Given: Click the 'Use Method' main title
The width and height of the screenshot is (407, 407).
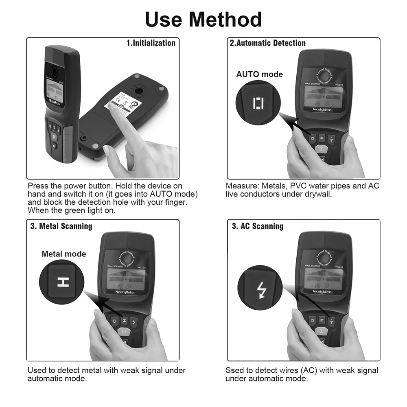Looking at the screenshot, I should (x=203, y=19).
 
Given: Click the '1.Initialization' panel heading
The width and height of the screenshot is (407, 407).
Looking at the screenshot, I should (x=151, y=43).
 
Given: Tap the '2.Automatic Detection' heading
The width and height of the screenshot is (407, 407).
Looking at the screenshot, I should (x=267, y=43).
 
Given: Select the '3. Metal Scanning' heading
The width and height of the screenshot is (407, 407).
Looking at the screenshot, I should (x=61, y=226).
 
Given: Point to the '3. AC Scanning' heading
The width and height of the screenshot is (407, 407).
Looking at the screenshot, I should (x=258, y=226).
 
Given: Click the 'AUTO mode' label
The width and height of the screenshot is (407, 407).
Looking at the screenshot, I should (x=259, y=74).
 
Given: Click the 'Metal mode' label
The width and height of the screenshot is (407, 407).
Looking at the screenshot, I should (x=64, y=254).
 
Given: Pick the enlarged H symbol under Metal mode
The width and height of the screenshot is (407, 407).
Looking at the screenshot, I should (x=63, y=282).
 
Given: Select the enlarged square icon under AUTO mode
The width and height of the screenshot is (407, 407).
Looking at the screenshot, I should (x=258, y=103).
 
